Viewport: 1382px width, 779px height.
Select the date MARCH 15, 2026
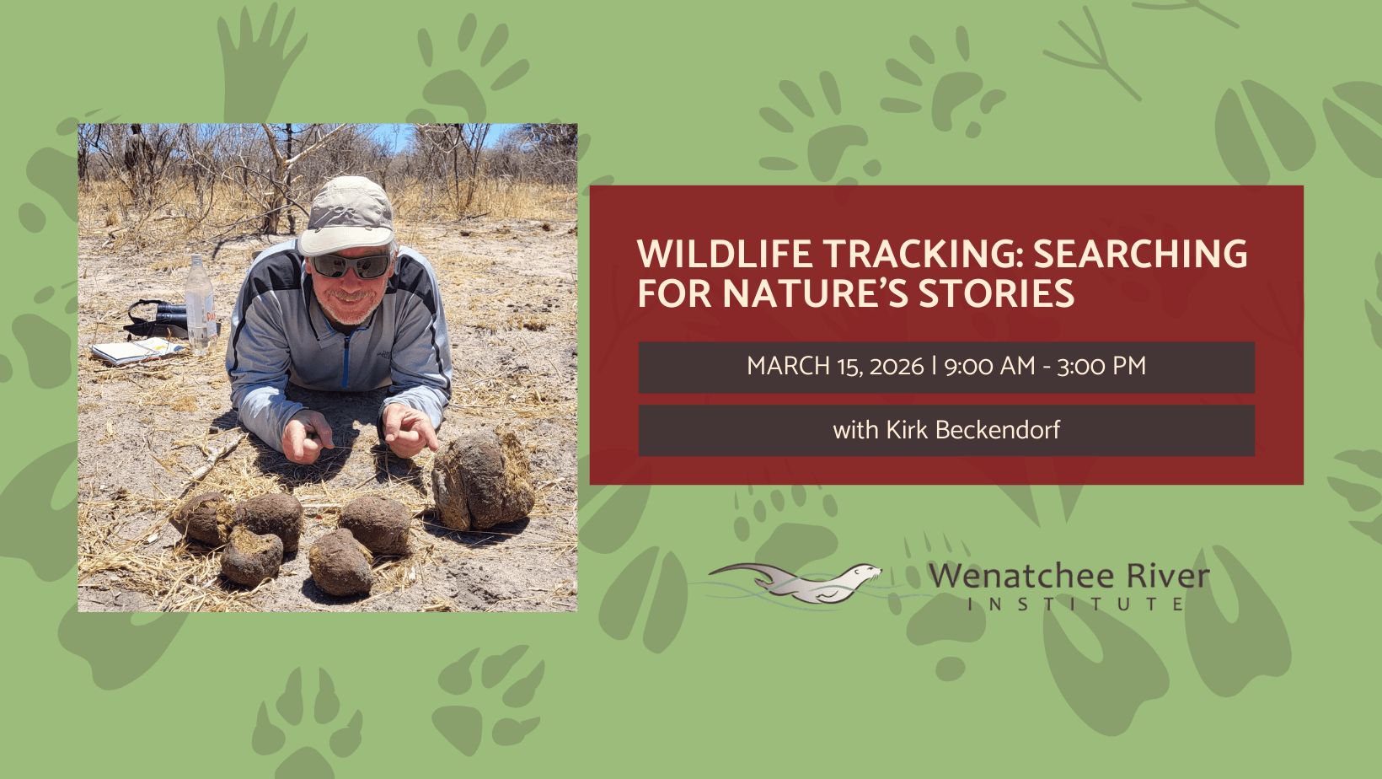(x=835, y=367)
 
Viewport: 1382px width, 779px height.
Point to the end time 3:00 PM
(x=1101, y=367)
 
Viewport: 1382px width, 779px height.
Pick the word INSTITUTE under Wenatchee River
(x=1076, y=604)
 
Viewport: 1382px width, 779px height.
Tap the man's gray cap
(x=346, y=216)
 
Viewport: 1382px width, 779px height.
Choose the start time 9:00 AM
(x=989, y=367)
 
